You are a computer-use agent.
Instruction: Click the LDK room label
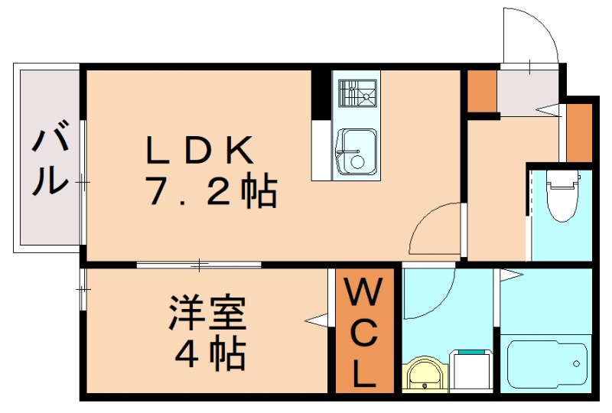tap(200, 151)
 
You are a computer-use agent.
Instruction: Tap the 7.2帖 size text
tap(210, 193)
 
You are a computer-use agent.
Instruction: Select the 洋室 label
tap(207, 314)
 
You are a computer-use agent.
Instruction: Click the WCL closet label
tap(364, 333)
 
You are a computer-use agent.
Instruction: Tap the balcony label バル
tap(50, 162)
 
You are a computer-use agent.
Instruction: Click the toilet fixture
tap(562, 194)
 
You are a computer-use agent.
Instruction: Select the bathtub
tap(546, 365)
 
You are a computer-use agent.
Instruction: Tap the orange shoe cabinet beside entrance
tap(482, 91)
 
